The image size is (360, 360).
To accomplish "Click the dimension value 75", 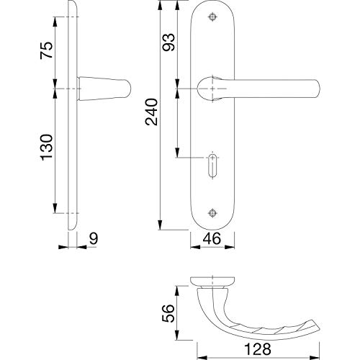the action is click(x=46, y=50).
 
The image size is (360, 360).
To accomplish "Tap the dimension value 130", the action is click(x=46, y=147).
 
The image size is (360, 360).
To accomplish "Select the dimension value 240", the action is click(x=151, y=112).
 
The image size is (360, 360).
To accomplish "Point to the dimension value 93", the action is click(x=168, y=42).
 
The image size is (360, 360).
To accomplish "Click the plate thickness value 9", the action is click(x=94, y=239).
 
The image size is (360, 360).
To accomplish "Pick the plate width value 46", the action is click(x=212, y=239).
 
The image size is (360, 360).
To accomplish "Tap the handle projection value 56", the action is click(x=168, y=313).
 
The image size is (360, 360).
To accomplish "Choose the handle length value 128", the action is click(x=258, y=349).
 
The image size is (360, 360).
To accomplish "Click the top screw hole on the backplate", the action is click(x=212, y=17).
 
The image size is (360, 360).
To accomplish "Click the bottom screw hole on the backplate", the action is click(x=212, y=213).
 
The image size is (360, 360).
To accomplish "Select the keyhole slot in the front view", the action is click(x=212, y=166).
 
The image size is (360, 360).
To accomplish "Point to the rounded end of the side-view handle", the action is click(x=129, y=89).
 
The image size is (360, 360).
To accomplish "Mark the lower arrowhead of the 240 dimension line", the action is click(x=160, y=225).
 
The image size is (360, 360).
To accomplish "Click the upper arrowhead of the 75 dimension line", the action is click(x=55, y=22).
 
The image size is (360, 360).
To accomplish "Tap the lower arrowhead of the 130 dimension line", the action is click(x=55, y=208).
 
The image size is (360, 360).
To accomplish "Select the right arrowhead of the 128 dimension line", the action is click(x=315, y=358).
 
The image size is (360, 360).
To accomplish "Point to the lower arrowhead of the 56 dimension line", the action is click(x=177, y=335).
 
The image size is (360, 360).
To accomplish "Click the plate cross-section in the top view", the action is click(x=212, y=282).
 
